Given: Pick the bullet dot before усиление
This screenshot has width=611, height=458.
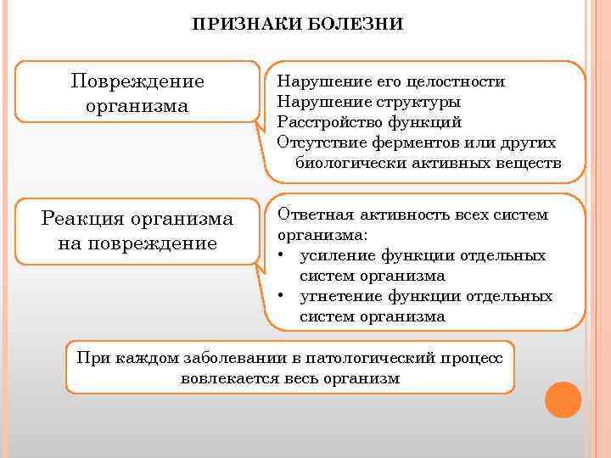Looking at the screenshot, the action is tap(281, 256).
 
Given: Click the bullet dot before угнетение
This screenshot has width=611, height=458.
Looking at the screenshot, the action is tap(281, 297).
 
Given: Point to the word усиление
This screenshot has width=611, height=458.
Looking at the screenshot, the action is tap(336, 256).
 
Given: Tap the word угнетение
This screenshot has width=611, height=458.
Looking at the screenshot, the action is tap(340, 297).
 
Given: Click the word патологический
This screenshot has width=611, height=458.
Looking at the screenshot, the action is tap(388, 358).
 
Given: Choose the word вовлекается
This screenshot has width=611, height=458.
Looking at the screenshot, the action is tap(228, 378).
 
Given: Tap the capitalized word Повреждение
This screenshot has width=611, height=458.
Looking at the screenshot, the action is tap(137, 82).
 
